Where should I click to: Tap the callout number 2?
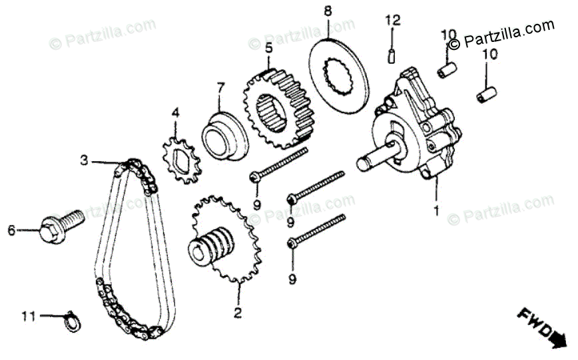[x=237, y=310]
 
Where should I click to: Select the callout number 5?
[x=268, y=48]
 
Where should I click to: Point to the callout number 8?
[x=327, y=11]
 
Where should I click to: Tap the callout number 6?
[x=11, y=231]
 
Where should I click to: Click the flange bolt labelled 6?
[x=61, y=224]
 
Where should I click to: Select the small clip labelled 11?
[x=71, y=319]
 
